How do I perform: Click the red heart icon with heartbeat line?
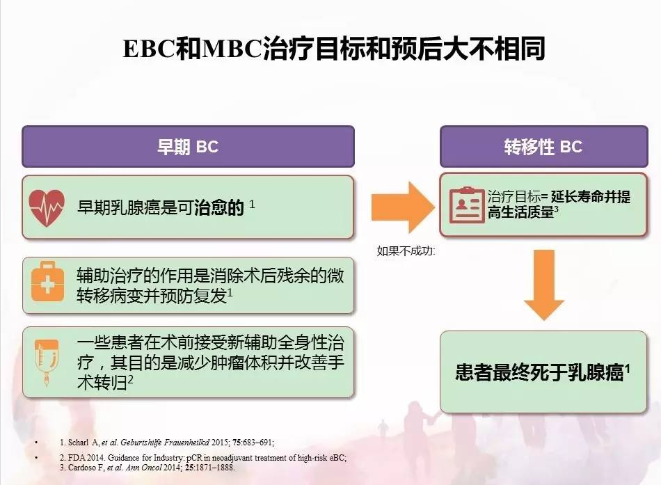coord(47,207)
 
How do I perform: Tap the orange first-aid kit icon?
coord(47,282)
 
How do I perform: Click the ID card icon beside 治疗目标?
coord(466,205)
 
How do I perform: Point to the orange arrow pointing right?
coord(403,207)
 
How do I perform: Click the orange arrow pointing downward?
coord(544,285)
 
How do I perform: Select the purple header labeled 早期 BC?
coord(188,146)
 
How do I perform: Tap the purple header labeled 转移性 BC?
coord(544,146)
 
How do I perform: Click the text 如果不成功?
coord(405,251)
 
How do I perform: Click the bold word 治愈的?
coord(219,207)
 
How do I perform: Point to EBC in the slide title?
coord(148,49)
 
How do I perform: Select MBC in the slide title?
coord(232,49)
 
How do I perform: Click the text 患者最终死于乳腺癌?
coord(540,372)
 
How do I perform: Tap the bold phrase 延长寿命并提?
coord(591,196)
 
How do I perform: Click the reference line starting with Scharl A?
coord(167,443)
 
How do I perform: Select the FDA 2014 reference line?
coord(203,458)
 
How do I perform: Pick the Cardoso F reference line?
coord(147,468)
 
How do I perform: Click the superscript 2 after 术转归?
coord(131,379)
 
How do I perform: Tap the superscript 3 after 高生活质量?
coord(557,209)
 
